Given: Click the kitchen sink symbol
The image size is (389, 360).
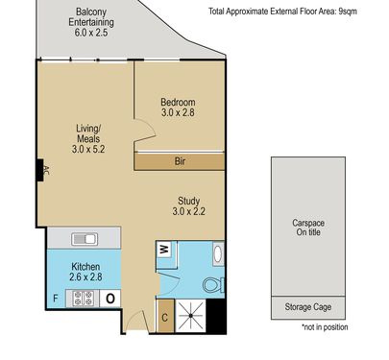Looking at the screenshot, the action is tap(85, 239).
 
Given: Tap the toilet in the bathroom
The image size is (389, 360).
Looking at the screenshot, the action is tap(214, 284).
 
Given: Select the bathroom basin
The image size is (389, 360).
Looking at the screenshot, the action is tap(218, 253).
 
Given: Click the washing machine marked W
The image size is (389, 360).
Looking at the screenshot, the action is tap(165, 249).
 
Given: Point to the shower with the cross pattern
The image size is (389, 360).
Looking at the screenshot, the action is tap(190, 316).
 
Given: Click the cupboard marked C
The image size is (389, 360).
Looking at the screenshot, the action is tap(165, 317).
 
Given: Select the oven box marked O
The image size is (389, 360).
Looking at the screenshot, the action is tap(110, 299).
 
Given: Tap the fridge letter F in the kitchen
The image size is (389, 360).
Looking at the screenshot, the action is tap(56, 299).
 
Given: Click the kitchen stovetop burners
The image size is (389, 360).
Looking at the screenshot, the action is tap(83, 299).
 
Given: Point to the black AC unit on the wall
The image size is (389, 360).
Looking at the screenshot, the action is tap(40, 170).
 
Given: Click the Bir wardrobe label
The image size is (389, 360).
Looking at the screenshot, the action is tap(180, 161).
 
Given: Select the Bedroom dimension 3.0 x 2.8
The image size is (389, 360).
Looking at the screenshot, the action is tap(178, 112).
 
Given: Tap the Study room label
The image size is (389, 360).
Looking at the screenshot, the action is tap(189, 201).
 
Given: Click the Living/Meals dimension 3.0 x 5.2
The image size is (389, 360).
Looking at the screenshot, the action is tap(88, 149).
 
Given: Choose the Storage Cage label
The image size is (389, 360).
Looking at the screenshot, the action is tap(308, 307).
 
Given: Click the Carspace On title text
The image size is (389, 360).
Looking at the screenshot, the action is tap(308, 228).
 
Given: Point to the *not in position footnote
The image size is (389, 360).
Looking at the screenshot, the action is tap(325, 327).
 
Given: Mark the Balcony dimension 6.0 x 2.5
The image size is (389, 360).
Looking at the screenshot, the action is tap(91, 33).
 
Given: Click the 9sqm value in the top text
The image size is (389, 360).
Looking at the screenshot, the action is tap(348, 12).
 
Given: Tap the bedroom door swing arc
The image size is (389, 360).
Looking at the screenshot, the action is tap(151, 128).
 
